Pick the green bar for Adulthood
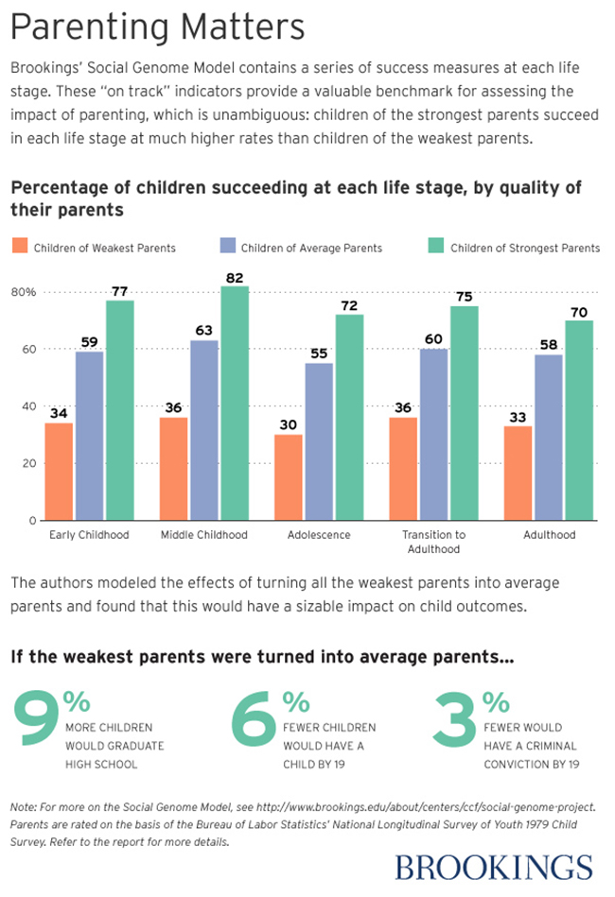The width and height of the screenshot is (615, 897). pos(579,421)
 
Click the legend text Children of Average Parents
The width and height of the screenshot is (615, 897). pos(311,249)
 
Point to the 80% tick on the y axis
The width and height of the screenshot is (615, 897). pos(24,292)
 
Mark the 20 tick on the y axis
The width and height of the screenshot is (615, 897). pos(29,463)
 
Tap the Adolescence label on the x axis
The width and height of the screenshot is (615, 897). pos(319,535)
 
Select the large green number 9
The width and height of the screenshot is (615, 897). pos(37,729)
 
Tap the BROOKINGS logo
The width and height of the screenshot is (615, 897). pos(493,867)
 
